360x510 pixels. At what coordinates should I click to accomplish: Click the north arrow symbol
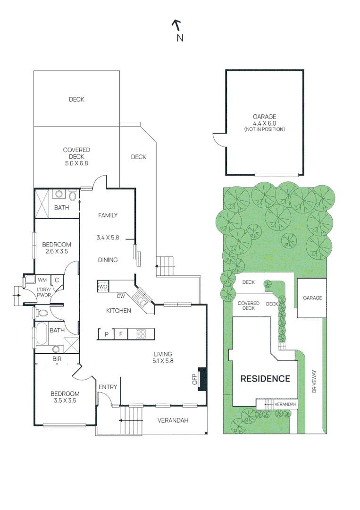(176, 25)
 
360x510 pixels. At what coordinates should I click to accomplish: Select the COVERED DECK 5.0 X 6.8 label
(76, 156)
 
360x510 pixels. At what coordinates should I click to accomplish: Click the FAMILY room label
(108, 215)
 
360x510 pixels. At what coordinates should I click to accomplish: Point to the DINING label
(108, 260)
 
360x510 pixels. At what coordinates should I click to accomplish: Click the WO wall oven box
(103, 286)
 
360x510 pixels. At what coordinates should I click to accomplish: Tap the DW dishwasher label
(121, 297)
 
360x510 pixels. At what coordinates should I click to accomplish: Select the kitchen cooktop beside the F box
(141, 334)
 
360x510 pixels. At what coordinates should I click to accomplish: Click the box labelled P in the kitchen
(107, 334)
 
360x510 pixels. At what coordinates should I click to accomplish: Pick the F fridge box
(120, 334)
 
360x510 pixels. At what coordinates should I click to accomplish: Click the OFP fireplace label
(194, 380)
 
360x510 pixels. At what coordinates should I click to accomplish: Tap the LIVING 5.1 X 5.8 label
(163, 357)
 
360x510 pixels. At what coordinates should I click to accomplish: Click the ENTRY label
(108, 387)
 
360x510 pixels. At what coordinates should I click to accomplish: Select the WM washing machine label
(42, 280)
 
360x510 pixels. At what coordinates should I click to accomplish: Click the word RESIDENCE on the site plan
(265, 379)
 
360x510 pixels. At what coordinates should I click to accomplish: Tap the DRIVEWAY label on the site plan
(313, 382)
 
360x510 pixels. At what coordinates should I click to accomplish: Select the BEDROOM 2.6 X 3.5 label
(57, 248)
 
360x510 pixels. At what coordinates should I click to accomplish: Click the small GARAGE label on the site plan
(312, 298)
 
